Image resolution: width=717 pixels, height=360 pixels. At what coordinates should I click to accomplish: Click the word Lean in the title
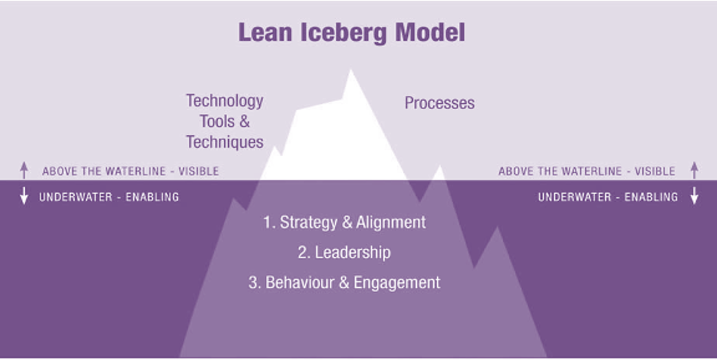point(265,32)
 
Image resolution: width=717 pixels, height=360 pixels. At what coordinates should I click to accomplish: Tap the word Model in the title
point(430,32)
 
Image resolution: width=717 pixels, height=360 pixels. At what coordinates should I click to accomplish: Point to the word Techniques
point(225,142)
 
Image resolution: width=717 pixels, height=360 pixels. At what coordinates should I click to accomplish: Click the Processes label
point(440,103)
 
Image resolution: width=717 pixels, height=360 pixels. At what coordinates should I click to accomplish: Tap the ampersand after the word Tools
point(244,122)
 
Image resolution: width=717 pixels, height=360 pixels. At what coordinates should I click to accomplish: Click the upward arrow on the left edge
point(24,170)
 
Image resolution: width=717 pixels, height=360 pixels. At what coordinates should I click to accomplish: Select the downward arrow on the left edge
point(24,195)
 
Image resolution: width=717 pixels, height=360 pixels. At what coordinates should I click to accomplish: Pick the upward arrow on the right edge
point(694,170)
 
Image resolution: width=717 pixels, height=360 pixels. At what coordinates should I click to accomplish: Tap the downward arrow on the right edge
point(694,195)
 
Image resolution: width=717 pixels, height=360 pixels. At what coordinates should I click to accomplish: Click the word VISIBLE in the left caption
point(198,171)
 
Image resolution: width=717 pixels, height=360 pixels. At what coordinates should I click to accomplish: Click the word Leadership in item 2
point(352,253)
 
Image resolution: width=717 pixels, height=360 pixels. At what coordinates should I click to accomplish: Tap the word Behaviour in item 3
point(300,282)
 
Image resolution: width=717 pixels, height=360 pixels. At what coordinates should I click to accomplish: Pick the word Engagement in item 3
point(397,283)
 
